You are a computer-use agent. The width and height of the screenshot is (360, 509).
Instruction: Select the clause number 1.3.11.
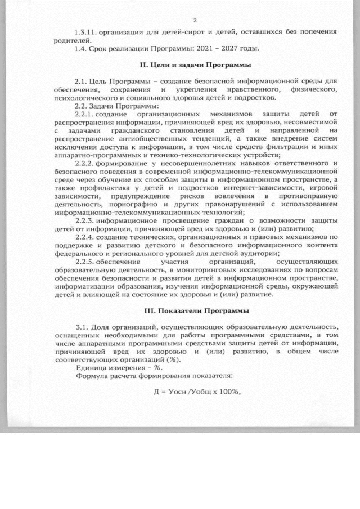(88, 33)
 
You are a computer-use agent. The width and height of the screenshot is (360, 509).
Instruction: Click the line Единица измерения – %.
(106, 367)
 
